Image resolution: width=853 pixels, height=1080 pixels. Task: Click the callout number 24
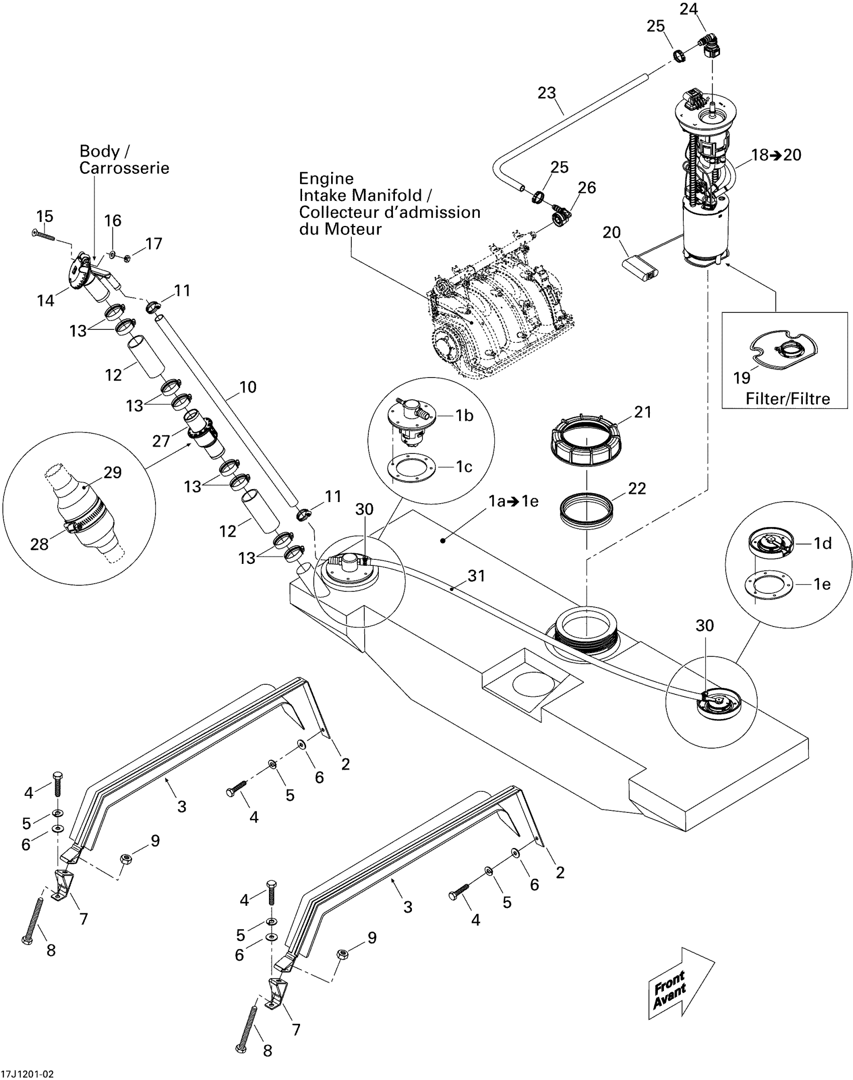688,9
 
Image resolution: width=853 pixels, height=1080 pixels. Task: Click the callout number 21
643,412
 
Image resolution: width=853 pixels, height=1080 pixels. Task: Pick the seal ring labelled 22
586,511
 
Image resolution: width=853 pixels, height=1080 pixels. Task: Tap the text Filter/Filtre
788,399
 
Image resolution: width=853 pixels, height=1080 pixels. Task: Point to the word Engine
326,179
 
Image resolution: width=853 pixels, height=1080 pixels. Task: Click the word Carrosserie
124,168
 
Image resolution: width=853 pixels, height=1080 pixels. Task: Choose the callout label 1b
464,415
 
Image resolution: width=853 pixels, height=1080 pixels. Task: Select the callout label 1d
822,543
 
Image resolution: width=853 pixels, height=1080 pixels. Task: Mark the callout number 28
40,544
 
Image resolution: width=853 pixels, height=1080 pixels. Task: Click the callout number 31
476,576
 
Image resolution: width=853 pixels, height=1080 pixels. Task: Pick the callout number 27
161,441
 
